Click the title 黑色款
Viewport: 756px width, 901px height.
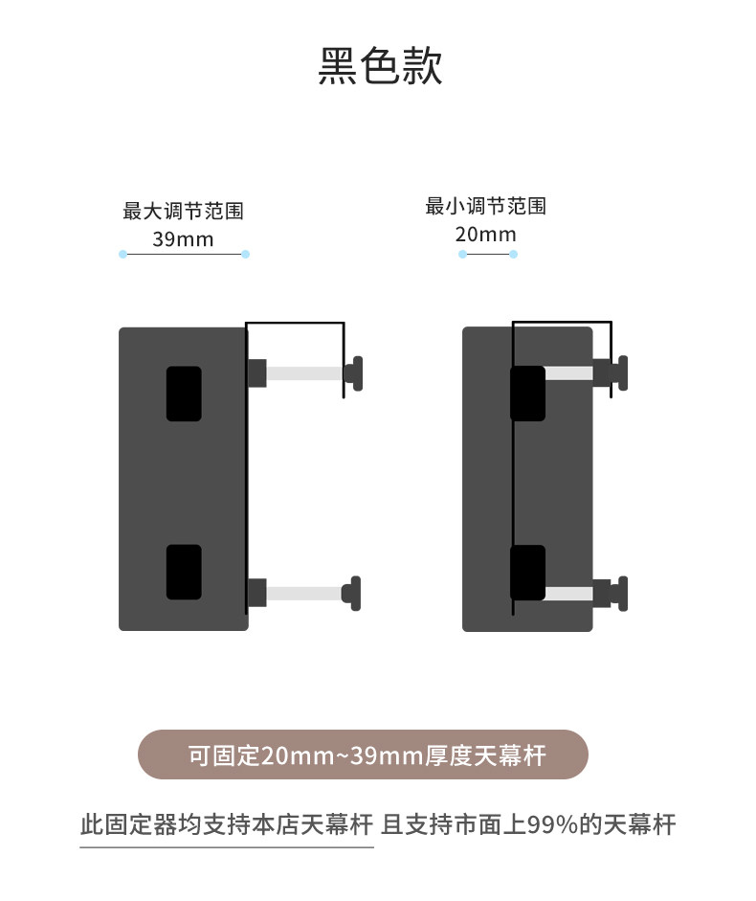click(380, 67)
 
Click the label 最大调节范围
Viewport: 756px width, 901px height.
click(183, 211)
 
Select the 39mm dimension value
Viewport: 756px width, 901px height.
click(183, 239)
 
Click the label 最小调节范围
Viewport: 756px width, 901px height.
click(485, 206)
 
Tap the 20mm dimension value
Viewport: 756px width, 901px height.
click(485, 235)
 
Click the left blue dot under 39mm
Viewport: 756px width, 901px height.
click(122, 254)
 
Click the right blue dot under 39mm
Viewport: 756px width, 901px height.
click(245, 254)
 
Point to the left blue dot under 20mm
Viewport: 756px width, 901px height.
click(462, 254)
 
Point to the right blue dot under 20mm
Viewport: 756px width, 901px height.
click(513, 254)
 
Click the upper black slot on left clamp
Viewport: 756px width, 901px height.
click(184, 394)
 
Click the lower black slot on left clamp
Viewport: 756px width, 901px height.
click(184, 572)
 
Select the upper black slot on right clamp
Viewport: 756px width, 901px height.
click(527, 394)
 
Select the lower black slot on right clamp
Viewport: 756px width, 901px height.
click(527, 572)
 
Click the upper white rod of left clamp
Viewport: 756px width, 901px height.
click(303, 373)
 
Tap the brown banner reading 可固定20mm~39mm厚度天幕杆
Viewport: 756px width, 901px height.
click(363, 755)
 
